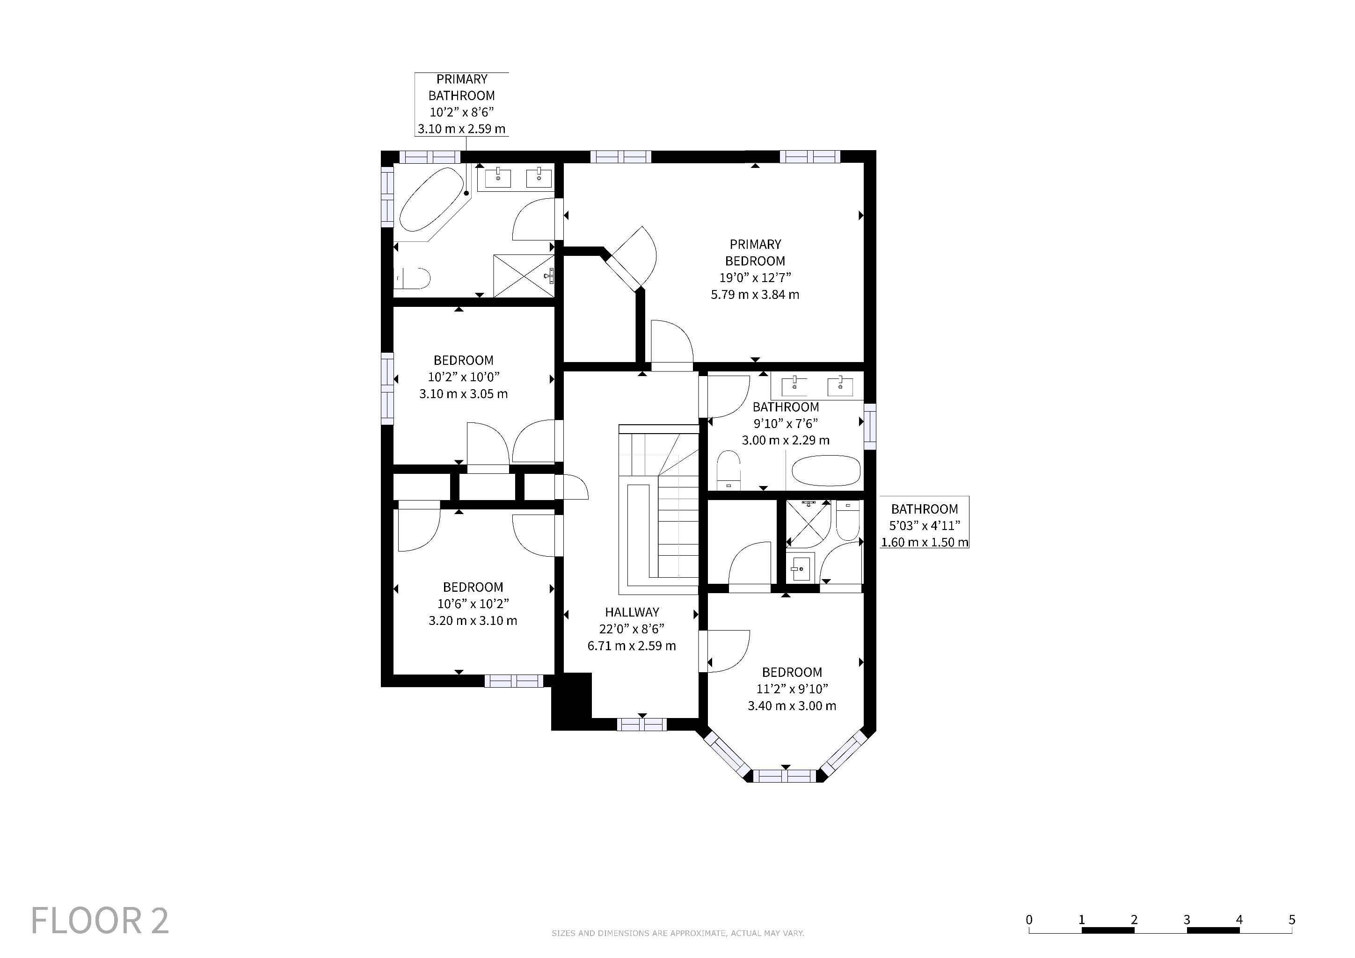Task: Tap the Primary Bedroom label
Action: [755, 253]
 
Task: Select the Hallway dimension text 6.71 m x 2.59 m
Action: [632, 646]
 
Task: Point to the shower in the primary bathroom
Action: [524, 276]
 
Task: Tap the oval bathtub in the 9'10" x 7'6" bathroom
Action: [825, 471]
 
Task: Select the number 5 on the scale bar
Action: [1292, 920]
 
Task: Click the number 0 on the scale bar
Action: [1029, 920]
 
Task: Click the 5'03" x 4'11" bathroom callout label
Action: [925, 526]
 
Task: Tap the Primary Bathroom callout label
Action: [461, 104]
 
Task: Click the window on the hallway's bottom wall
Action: [641, 725]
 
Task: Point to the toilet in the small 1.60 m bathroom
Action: [848, 520]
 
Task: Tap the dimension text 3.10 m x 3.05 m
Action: [463, 394]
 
